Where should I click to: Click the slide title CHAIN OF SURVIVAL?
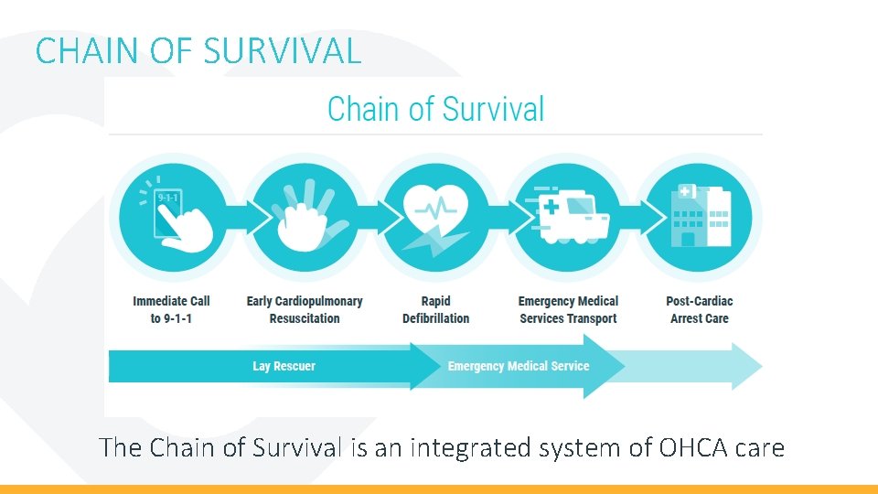click(198, 50)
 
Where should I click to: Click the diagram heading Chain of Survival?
click(435, 109)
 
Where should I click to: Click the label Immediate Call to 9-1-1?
click(171, 309)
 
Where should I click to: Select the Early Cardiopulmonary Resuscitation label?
click(305, 309)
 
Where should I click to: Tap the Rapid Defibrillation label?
click(436, 309)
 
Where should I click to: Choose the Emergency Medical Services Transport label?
click(568, 309)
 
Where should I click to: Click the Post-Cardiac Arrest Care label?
click(700, 309)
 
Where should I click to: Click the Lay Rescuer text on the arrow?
click(284, 366)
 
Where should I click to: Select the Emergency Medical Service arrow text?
click(519, 366)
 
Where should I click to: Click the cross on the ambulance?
click(551, 208)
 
